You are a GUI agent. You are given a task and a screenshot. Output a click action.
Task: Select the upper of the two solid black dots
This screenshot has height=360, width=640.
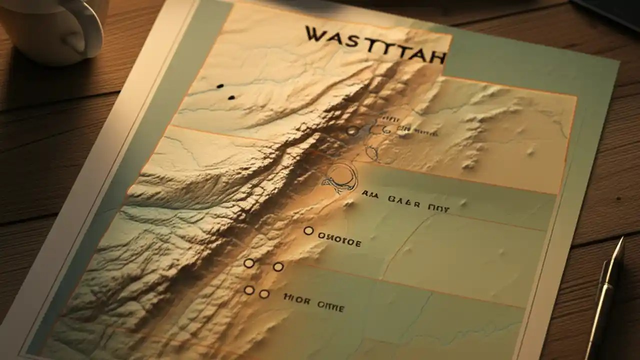[x=220, y=86]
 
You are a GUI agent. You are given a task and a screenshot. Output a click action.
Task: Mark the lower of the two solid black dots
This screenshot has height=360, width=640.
[x=231, y=97]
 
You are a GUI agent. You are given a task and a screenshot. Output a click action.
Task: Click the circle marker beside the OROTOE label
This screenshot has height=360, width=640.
[x=308, y=230]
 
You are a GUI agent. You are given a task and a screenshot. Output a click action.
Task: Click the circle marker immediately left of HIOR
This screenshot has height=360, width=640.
[x=264, y=294]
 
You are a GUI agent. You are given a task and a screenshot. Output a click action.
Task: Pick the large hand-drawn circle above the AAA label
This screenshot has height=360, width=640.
[x=342, y=177]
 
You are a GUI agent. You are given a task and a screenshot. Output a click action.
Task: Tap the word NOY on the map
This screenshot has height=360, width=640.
[x=439, y=206]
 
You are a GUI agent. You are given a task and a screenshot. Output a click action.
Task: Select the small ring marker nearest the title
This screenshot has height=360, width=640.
[x=352, y=131]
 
